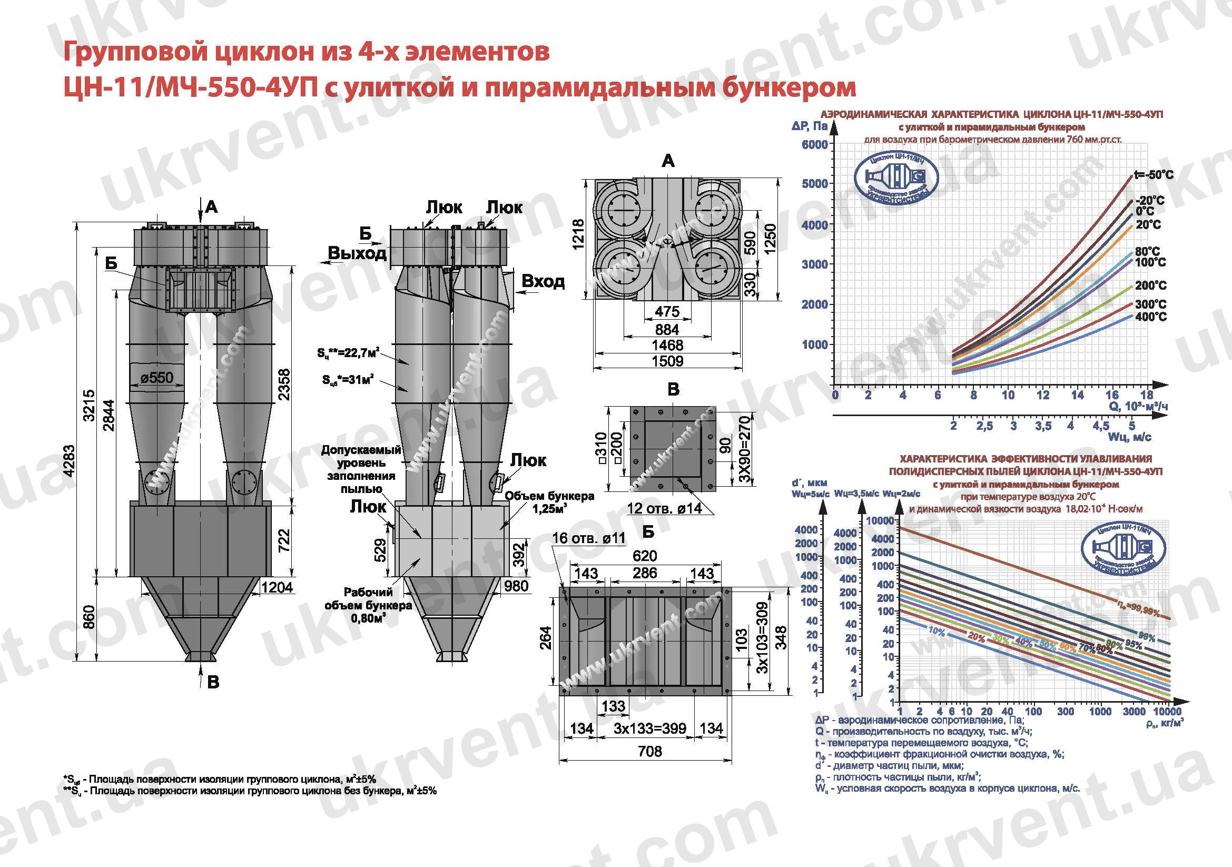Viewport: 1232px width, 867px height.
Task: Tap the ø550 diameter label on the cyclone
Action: pyautogui.click(x=157, y=378)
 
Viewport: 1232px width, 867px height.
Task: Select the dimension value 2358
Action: pyautogui.click(x=285, y=384)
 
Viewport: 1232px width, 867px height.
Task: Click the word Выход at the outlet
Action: pyautogui.click(x=357, y=253)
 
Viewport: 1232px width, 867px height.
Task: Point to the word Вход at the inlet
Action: pyautogui.click(x=543, y=281)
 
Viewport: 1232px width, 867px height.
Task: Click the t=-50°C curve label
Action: pyautogui.click(x=1153, y=175)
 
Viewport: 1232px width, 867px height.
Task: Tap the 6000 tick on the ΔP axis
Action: pyautogui.click(x=814, y=144)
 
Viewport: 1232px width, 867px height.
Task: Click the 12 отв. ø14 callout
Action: pyautogui.click(x=664, y=508)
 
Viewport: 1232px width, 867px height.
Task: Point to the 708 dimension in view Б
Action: pyautogui.click(x=650, y=751)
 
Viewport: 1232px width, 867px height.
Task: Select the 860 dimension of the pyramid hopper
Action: pyautogui.click(x=89, y=617)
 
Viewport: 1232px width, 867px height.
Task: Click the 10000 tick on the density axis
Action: pyautogui.click(x=1167, y=712)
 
